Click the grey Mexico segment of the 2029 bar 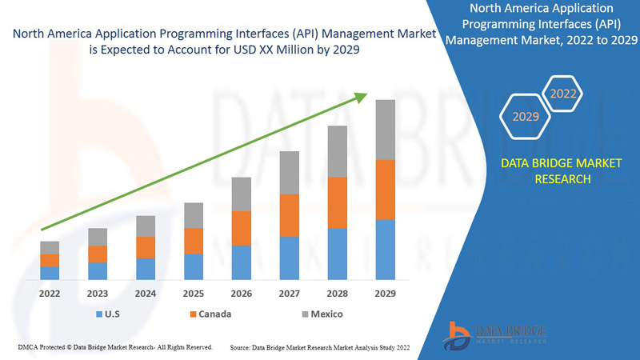[x=386, y=130]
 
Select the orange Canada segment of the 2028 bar [x=338, y=202]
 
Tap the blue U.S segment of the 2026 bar [x=241, y=262]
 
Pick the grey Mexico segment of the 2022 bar [x=50, y=247]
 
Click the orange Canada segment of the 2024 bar [x=146, y=247]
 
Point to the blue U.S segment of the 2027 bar [x=290, y=258]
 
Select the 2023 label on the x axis [x=98, y=294]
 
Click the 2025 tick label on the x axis [x=194, y=294]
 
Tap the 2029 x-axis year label [x=386, y=294]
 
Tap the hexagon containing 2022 [x=562, y=94]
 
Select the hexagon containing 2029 [x=526, y=117]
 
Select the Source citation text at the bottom [x=320, y=348]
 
